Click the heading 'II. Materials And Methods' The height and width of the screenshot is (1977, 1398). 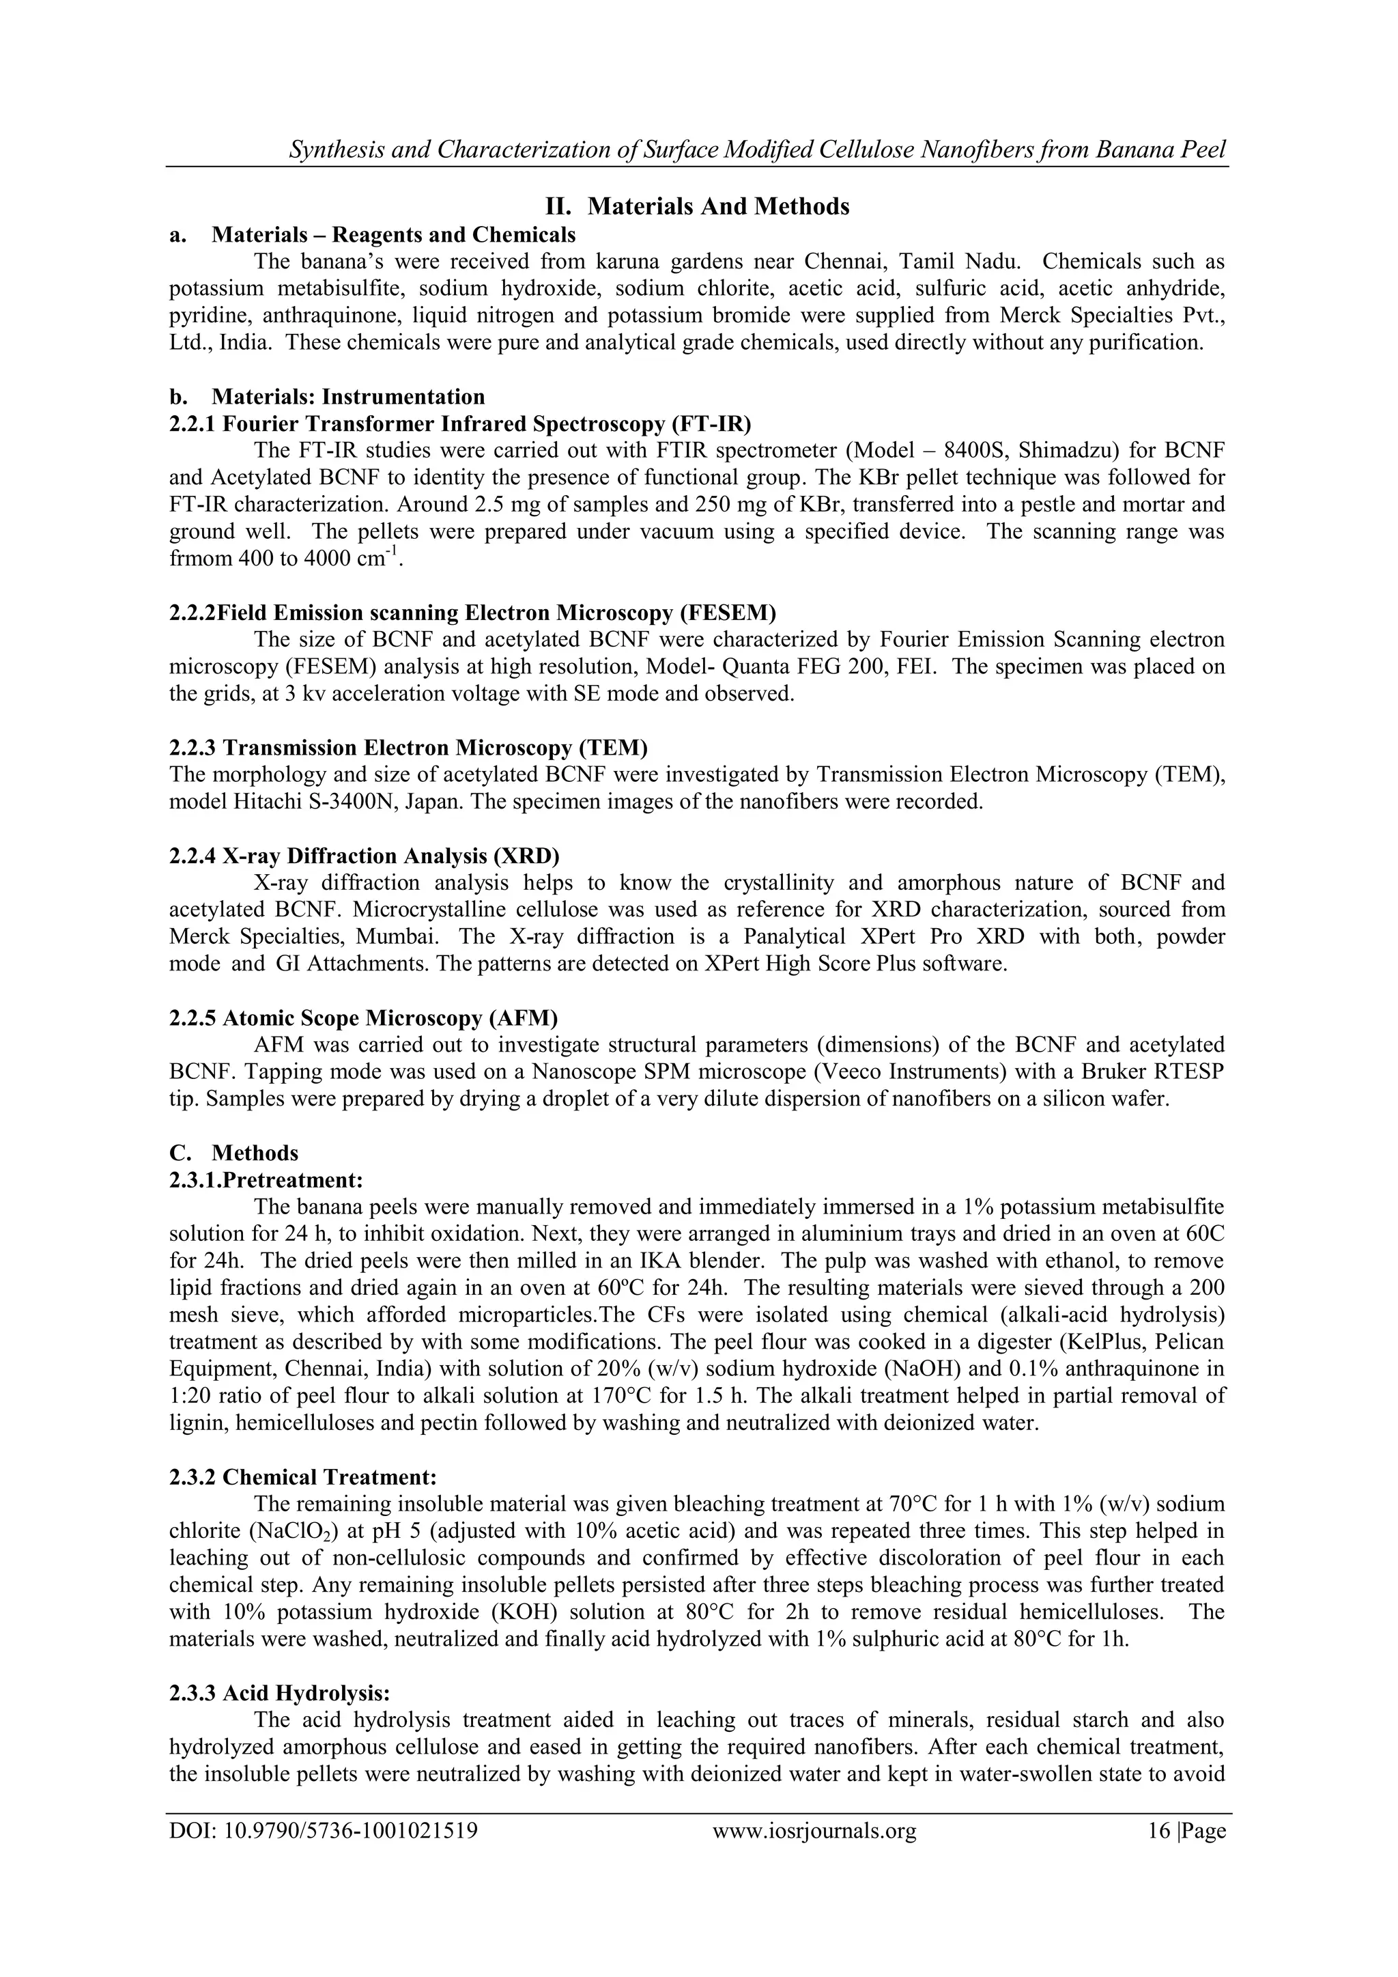point(698,207)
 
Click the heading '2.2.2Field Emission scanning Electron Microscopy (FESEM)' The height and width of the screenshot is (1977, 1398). point(472,613)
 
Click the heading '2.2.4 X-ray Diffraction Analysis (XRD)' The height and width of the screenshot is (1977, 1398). point(364,856)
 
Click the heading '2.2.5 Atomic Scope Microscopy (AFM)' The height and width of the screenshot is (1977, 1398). point(363,1018)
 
